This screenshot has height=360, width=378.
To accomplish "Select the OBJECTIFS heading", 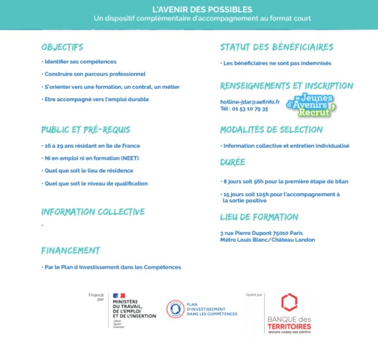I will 62,47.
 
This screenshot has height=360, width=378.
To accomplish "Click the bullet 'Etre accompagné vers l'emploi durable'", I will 95,99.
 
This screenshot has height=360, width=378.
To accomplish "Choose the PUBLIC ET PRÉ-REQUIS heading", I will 86,130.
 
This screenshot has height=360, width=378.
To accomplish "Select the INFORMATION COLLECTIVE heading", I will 93,212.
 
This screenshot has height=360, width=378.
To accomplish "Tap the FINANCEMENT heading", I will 70,251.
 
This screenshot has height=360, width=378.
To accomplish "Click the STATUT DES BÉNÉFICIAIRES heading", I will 276,47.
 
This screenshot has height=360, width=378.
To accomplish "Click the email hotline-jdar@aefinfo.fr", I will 249,102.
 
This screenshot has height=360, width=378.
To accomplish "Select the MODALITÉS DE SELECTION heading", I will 271,130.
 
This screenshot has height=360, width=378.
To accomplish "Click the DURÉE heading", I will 233,163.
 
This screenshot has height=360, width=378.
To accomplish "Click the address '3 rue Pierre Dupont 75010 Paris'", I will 262,233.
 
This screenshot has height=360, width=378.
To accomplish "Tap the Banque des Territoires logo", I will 289,314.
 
